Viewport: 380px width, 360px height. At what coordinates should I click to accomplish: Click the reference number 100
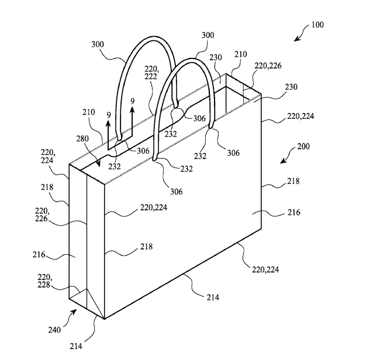click(317, 25)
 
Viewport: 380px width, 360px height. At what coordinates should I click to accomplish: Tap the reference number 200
click(303, 146)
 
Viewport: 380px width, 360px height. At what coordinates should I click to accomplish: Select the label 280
click(82, 139)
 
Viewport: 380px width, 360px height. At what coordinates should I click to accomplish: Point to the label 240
click(54, 330)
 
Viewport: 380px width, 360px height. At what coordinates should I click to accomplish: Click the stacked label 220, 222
click(151, 73)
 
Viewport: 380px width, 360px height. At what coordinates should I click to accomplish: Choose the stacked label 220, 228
click(44, 280)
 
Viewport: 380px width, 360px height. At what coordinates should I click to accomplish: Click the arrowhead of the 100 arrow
click(296, 40)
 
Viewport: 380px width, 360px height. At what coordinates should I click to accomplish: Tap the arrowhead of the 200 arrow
click(282, 162)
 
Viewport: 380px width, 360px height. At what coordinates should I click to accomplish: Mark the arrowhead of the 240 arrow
click(75, 310)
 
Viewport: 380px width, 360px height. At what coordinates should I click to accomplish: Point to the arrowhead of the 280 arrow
click(99, 166)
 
